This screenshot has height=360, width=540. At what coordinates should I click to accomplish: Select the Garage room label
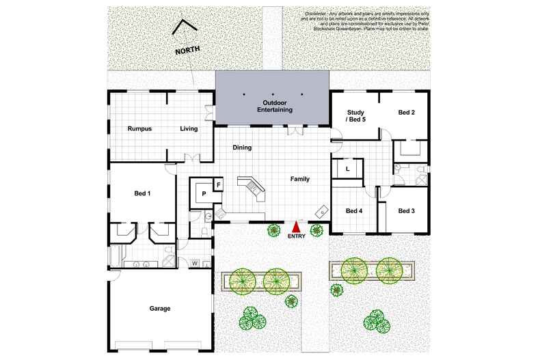click(x=160, y=308)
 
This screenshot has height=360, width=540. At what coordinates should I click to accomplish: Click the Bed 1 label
click(x=142, y=193)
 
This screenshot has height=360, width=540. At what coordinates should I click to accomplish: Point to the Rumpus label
click(x=139, y=128)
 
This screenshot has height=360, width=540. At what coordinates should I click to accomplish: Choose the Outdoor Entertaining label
click(x=274, y=106)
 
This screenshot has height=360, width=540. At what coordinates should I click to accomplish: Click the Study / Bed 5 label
click(x=356, y=115)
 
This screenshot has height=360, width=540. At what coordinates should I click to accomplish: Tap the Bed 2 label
click(x=407, y=112)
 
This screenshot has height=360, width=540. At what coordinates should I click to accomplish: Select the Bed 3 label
click(x=406, y=210)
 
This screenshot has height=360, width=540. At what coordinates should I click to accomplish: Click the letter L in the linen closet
click(x=347, y=168)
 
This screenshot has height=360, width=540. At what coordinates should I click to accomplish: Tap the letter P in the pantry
click(x=204, y=194)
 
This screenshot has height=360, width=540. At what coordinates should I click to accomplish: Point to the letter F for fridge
click(x=219, y=184)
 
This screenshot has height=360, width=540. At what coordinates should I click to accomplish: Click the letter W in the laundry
click(x=195, y=263)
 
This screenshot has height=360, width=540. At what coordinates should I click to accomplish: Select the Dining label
click(x=242, y=147)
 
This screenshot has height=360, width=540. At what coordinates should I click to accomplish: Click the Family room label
click(x=299, y=179)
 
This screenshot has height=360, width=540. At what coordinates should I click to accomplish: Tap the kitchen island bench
click(x=249, y=188)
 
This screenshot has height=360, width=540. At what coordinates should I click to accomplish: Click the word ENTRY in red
click(x=296, y=236)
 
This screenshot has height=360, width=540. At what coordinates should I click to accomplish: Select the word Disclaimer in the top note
click(x=316, y=13)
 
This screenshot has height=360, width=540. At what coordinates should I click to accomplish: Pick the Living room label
click(x=188, y=128)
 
